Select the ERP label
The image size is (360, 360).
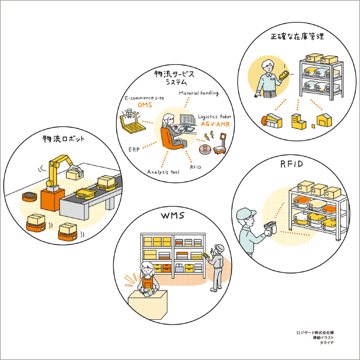tap(134, 149)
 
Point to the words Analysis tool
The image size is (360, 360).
tap(163, 172)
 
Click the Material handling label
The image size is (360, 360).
tap(199, 93)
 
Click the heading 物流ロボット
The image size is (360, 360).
tap(63, 139)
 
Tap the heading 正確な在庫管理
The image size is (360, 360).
tap(297, 37)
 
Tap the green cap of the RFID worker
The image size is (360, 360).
tap(245, 213)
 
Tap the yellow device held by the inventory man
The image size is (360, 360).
tap(283, 75)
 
